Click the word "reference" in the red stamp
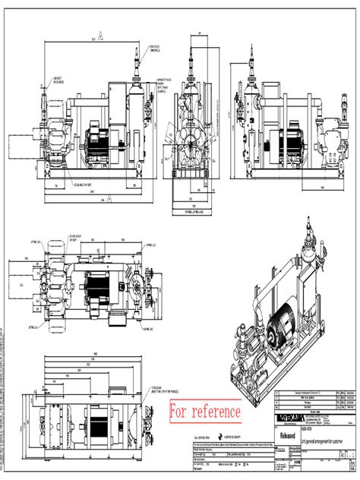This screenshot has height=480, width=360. pyautogui.click(x=216, y=411)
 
